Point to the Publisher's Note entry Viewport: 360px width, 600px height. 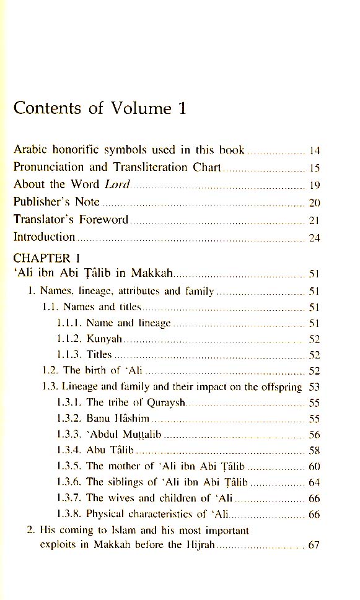57,202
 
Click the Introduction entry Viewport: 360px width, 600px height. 44,237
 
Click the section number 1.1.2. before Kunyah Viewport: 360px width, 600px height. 69,339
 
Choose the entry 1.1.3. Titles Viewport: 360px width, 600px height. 84,355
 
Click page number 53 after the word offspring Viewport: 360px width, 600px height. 314,387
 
